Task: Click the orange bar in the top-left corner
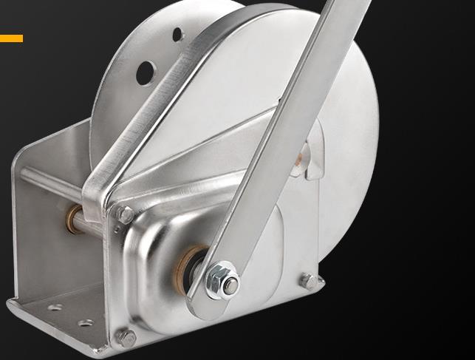[11, 38]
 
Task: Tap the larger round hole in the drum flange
[146, 71]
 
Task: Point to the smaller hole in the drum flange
[177, 34]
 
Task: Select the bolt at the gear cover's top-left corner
[126, 215]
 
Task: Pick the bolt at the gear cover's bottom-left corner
[126, 337]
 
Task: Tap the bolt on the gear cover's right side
[309, 281]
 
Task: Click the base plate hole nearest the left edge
[52, 307]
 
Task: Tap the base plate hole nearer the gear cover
[86, 324]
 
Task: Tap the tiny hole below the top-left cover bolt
[116, 230]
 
